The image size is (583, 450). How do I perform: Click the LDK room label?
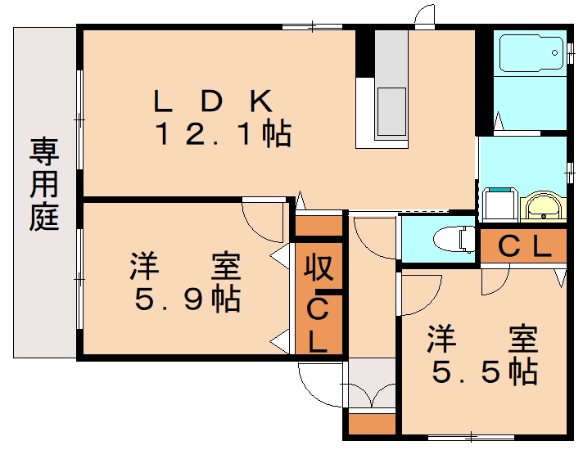tap(213, 101)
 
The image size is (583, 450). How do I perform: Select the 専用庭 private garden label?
tap(44, 184)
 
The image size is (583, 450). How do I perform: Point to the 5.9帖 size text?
tap(188, 299)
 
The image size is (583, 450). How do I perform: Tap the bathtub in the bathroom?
tap(531, 53)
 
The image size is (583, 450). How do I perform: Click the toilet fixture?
tap(454, 239)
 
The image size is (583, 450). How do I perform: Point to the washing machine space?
tap(499, 204)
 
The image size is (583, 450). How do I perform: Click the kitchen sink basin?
tap(391, 111)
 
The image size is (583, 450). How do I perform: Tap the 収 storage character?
tap(319, 268)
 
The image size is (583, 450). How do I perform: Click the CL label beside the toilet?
tap(524, 246)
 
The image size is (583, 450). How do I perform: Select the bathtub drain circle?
tap(554, 52)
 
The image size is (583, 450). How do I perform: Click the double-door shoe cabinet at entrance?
tap(372, 383)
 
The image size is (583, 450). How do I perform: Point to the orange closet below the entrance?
tap(372, 423)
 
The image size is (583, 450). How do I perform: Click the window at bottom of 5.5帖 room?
tap(471, 438)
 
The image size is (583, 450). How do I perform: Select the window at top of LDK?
tap(312, 27)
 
